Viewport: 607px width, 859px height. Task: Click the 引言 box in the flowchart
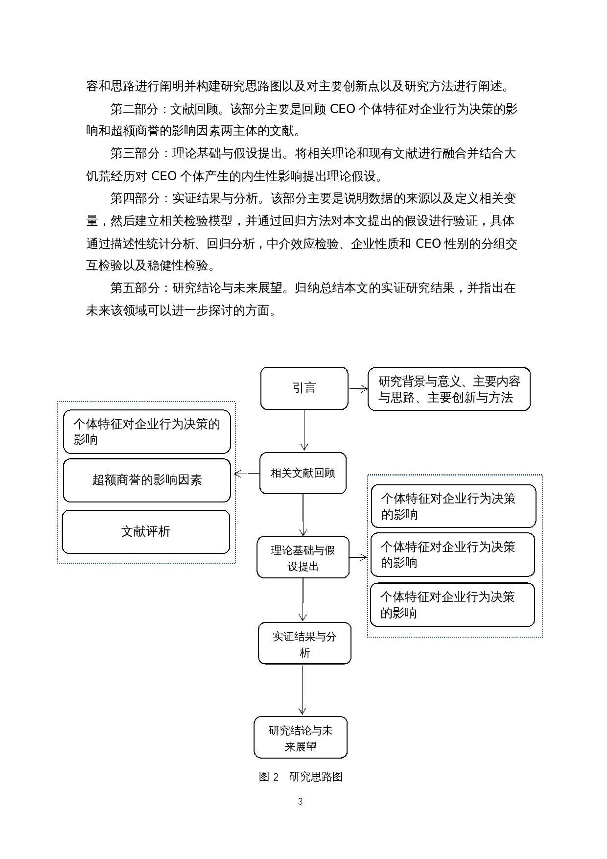tap(304, 388)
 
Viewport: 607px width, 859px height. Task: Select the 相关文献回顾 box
tap(303, 473)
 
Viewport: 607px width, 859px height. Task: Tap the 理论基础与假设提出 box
tap(303, 558)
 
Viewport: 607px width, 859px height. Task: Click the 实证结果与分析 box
tap(304, 644)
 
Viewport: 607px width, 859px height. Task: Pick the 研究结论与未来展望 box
tap(300, 738)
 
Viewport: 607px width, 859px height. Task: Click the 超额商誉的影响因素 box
tap(147, 480)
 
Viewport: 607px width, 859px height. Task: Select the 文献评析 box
tap(146, 531)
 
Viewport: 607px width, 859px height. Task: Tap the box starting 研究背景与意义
tap(449, 389)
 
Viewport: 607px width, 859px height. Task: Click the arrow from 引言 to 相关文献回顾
tap(304, 430)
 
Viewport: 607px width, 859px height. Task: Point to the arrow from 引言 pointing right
tap(358, 388)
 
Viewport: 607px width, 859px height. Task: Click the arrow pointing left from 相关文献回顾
tap(247, 473)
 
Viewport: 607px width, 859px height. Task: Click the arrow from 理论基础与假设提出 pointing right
tap(358, 557)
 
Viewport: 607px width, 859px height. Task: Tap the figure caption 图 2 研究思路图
tap(300, 777)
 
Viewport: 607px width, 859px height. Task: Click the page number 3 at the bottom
tap(300, 801)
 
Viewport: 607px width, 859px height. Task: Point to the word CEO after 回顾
tap(342, 109)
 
